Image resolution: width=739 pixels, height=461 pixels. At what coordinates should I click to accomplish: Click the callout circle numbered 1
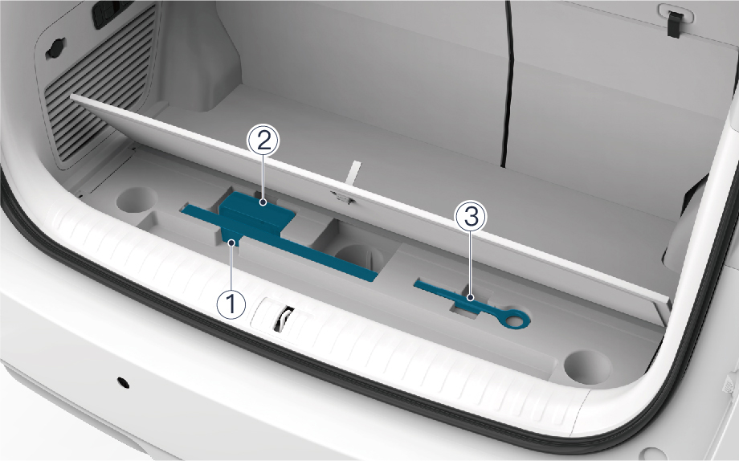[x=231, y=304]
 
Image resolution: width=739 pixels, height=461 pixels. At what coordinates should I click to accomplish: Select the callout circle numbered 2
[x=263, y=141]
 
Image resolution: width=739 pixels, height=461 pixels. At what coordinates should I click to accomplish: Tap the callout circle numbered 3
[x=471, y=217]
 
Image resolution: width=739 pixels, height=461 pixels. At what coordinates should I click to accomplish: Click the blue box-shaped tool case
[x=257, y=214]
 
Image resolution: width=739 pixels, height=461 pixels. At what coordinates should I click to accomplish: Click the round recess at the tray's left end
[x=137, y=199]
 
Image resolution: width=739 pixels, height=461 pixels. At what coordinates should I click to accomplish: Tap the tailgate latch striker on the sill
[x=283, y=318]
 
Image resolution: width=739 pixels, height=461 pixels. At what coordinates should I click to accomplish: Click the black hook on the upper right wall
[x=676, y=23]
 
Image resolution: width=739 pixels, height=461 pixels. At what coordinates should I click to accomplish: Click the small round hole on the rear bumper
[x=123, y=382]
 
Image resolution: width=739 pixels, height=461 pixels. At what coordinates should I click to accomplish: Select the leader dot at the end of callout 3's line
[x=470, y=297]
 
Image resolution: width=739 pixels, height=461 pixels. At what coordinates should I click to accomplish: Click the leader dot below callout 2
[x=263, y=202]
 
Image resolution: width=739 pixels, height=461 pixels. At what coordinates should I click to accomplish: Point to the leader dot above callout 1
[x=231, y=243]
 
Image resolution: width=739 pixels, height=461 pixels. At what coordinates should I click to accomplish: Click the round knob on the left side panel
[x=55, y=49]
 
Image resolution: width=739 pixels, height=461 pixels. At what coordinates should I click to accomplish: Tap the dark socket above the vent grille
[x=111, y=13]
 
